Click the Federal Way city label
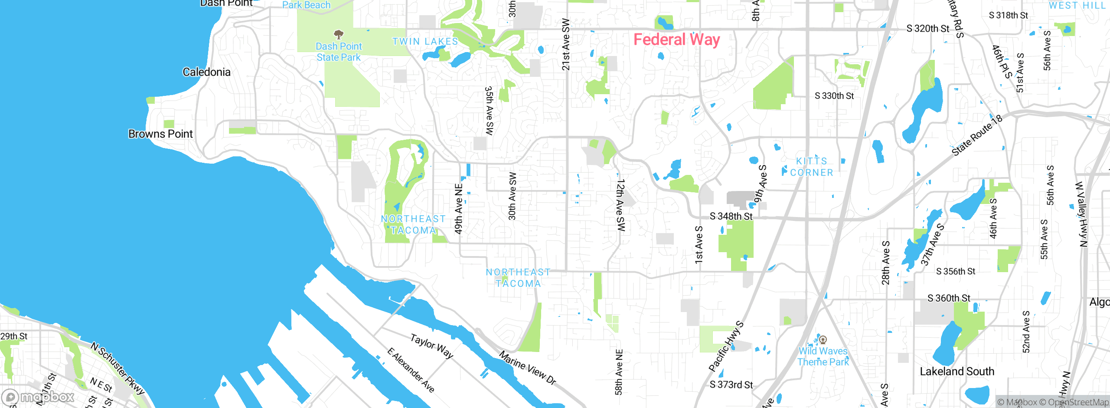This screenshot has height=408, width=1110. [676, 40]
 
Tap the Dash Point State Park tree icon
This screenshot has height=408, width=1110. [339, 34]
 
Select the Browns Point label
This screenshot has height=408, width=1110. [160, 134]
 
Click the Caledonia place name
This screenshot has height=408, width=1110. [206, 72]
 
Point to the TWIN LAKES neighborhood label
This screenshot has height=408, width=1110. [425, 42]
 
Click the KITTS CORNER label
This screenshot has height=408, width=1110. [811, 167]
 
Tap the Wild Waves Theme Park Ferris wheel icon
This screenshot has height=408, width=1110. [823, 340]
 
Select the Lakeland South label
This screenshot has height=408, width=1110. [957, 372]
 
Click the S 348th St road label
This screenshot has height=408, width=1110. [731, 216]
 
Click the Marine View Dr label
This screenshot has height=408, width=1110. [527, 368]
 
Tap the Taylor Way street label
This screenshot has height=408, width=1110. [432, 346]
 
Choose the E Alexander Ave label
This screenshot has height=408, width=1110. [411, 370]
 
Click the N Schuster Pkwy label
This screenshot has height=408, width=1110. [117, 368]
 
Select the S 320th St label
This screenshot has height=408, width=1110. [927, 29]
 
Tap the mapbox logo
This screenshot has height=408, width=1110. [38, 397]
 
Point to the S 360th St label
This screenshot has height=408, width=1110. [949, 298]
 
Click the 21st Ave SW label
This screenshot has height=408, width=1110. [566, 44]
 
